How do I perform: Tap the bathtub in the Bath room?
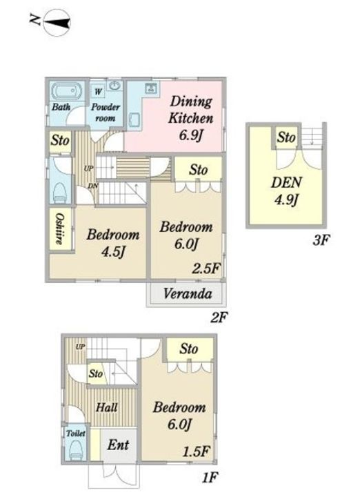coord(66,92)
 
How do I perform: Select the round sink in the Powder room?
coord(114,86)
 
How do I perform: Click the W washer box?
coord(99,92)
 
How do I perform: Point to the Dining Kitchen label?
coord(191,110)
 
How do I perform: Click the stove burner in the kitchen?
coord(151,88)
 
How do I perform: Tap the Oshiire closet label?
coord(59,228)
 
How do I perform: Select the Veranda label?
coord(188,293)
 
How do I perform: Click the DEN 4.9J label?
coord(286,191)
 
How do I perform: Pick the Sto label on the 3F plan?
coord(286,137)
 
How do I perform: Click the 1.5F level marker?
coord(197,451)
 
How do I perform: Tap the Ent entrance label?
coord(118,445)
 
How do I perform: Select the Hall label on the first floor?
coord(107,407)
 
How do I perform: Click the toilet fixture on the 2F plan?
coord(60,193)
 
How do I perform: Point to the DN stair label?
coord(93,186)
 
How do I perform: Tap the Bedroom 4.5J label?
coord(113,243)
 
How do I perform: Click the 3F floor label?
coord(321,241)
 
